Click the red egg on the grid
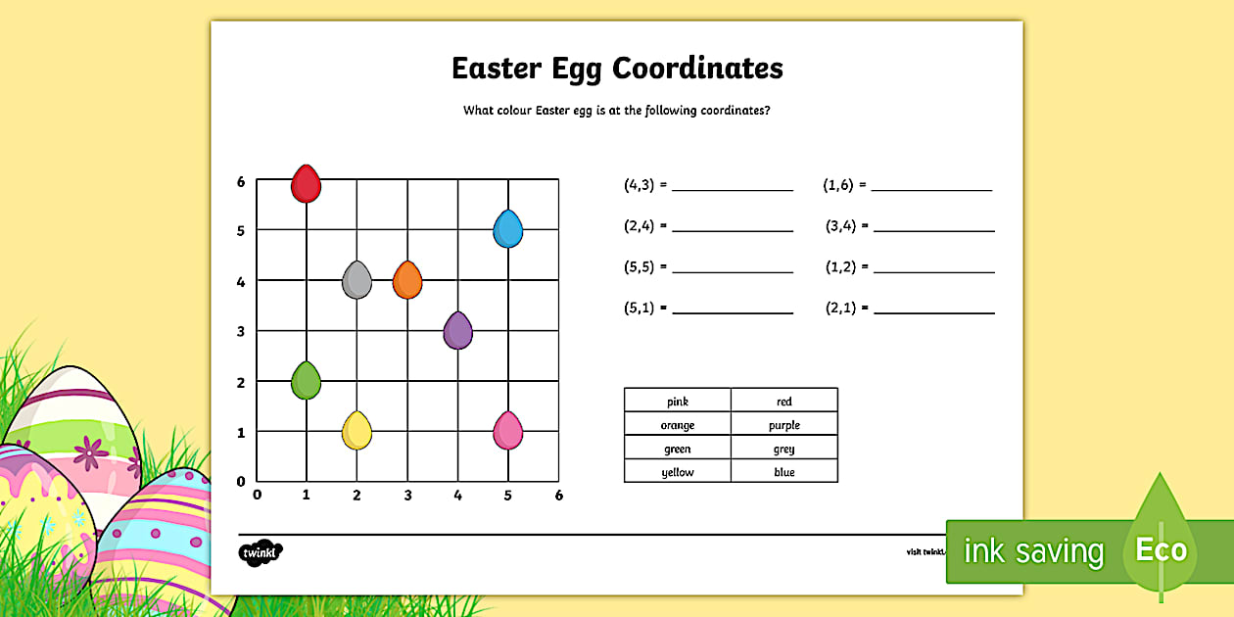click(307, 184)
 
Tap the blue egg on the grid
click(507, 230)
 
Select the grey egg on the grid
click(356, 280)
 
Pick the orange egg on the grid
click(407, 280)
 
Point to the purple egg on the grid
click(457, 331)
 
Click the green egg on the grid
click(307, 381)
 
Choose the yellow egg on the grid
click(356, 431)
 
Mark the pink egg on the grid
click(507, 431)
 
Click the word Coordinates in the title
click(697, 69)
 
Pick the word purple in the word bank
click(784, 425)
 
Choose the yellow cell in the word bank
click(678, 472)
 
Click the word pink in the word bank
click(678, 402)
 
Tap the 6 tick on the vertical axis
click(241, 181)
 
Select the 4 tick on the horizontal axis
click(457, 496)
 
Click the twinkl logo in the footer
click(261, 552)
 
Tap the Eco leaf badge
click(1161, 548)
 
